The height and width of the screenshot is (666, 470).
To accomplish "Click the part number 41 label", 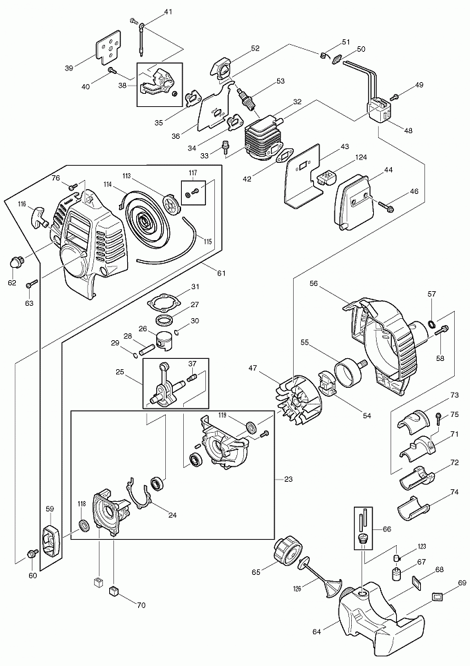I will pyautogui.click(x=169, y=12).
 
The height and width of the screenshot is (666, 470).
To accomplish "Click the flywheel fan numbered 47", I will pyautogui.click(x=296, y=399).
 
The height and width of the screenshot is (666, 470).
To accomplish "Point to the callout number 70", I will pyautogui.click(x=141, y=605).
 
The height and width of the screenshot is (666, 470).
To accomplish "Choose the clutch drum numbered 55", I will pyautogui.click(x=347, y=373).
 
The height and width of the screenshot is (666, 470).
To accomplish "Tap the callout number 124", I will pyautogui.click(x=360, y=159).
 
